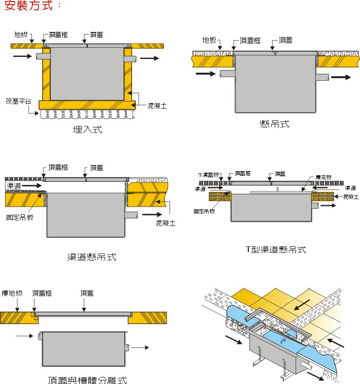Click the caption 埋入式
pos(87,130)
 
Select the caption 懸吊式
pos(274,124)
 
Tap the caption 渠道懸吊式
pos(92,257)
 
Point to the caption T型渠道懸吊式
pos(276,249)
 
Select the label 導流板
pos(323,177)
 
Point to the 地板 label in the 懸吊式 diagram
pos(209,40)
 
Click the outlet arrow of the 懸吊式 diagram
pos(340,77)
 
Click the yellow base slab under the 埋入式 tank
pos(86,105)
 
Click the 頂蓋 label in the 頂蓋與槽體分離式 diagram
pos(87,293)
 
